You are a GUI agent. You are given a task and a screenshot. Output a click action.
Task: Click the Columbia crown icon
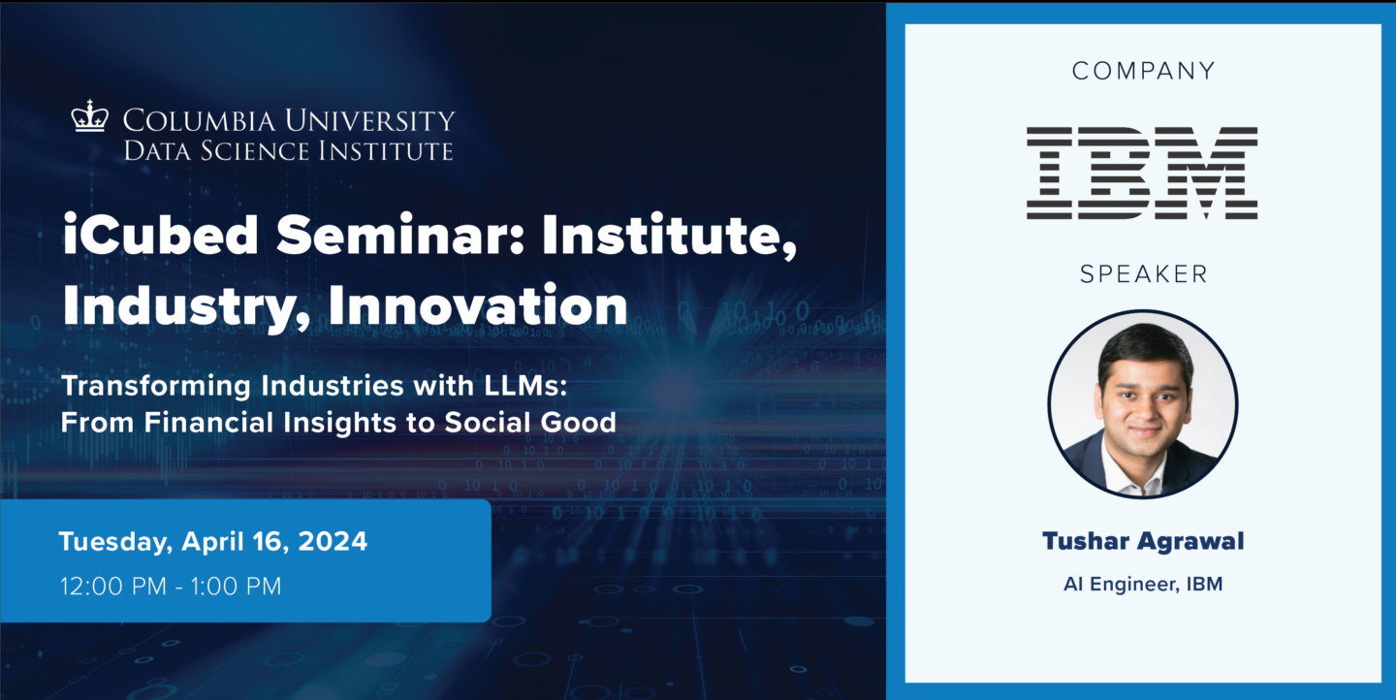pos(89,117)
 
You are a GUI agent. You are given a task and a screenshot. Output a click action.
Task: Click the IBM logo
pos(1142,172)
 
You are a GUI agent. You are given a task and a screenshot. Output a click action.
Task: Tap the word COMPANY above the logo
pos(1143,71)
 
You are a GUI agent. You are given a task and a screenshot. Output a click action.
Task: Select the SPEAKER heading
pos(1143,274)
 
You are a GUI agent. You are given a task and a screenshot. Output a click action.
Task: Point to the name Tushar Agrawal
pos(1143,541)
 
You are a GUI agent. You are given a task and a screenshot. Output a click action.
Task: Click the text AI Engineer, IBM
pos(1143,585)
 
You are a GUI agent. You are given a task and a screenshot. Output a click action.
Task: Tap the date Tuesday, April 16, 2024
pos(213,541)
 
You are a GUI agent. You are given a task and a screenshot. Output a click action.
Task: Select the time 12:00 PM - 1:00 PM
pos(170,586)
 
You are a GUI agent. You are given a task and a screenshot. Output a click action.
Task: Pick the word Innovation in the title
pos(478,305)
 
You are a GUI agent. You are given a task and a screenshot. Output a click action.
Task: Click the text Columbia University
pos(288,121)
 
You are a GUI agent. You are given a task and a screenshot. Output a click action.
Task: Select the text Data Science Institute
pos(288,150)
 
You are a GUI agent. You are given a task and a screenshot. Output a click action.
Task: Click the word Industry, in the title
pos(186,305)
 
